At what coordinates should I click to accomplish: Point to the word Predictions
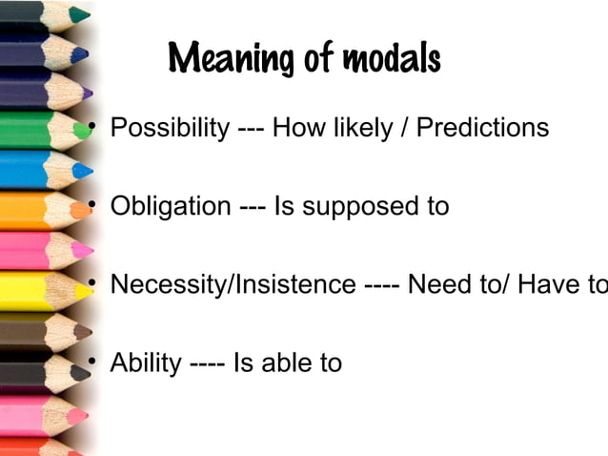[486, 127]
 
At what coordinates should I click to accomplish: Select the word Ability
[145, 363]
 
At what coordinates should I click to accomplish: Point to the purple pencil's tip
[89, 93]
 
